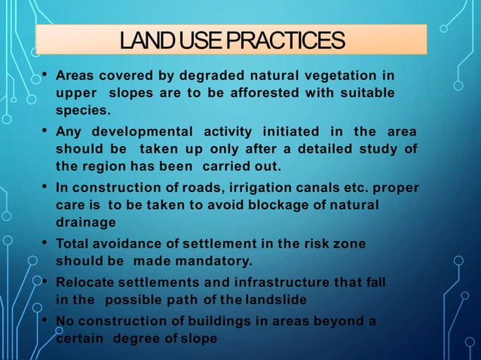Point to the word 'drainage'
86,222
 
